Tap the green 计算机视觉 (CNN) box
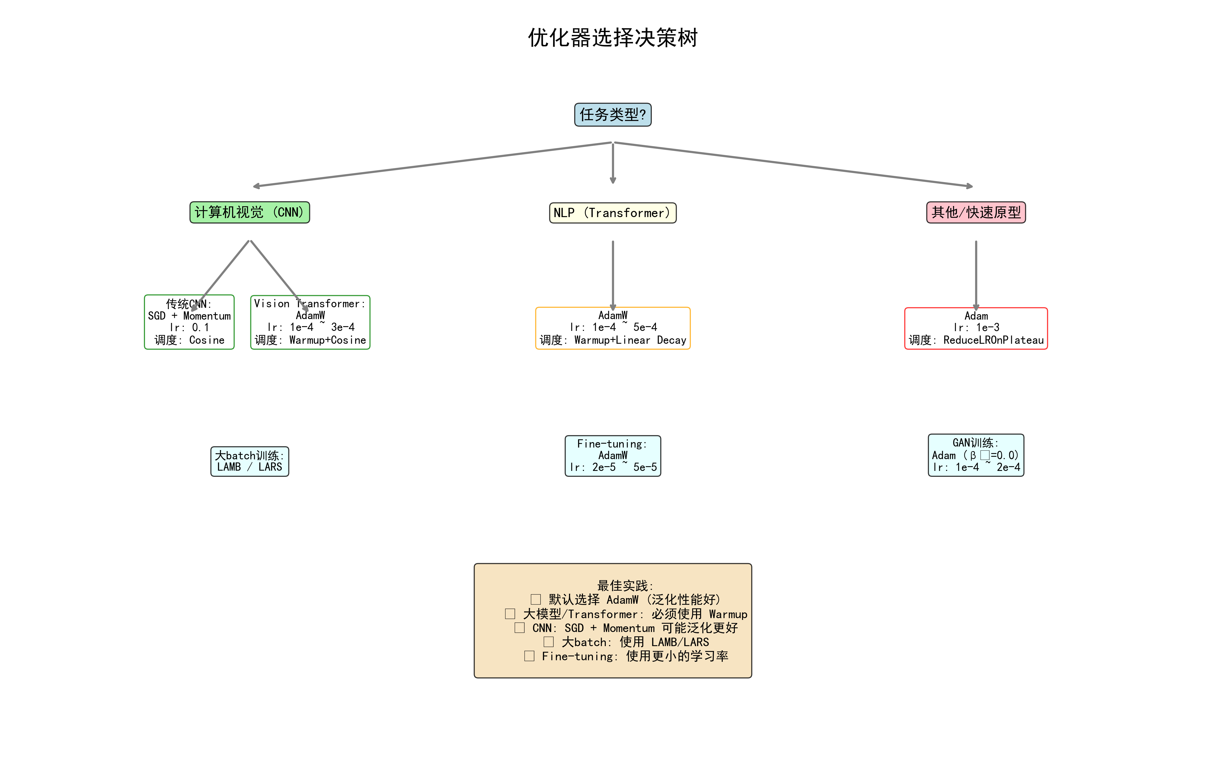pyautogui.click(x=249, y=212)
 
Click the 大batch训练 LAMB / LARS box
pyautogui.click(x=249, y=461)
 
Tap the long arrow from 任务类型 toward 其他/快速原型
pyautogui.click(x=792, y=164)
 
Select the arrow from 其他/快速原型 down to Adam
pyautogui.click(x=976, y=273)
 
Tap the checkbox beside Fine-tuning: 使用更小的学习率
pyautogui.click(x=529, y=656)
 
